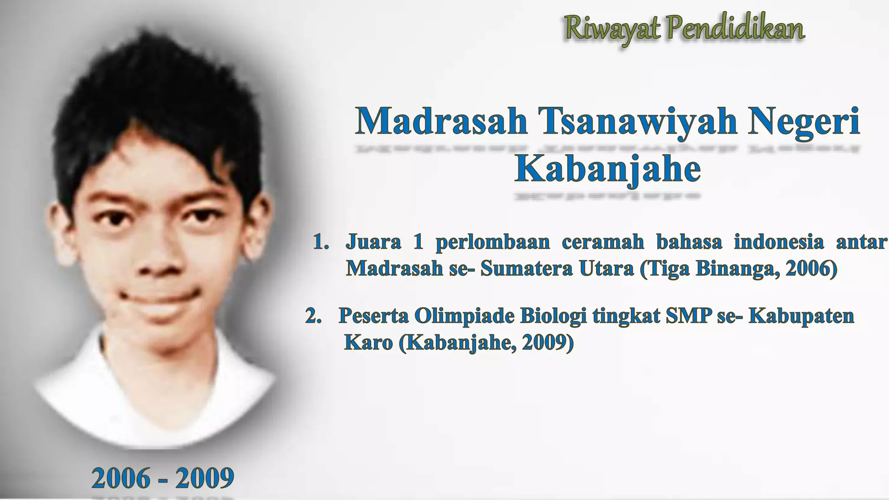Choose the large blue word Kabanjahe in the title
607,169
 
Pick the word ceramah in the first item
603,242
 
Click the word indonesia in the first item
779,242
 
